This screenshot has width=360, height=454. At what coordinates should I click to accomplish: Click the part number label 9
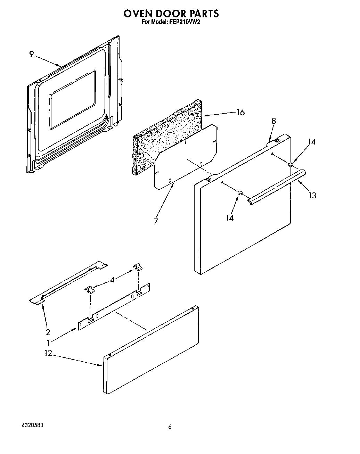pos(32,54)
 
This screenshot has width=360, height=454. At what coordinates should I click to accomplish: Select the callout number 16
pos(240,112)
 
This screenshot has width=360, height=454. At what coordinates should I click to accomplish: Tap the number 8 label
pos(274,121)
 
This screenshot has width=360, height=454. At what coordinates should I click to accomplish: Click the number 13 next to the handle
pos(312,196)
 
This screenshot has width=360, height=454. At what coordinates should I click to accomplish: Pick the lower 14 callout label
pos(229,218)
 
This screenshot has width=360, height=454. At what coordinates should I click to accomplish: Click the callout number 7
pos(156,221)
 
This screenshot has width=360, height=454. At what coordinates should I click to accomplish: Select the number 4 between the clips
pos(112,279)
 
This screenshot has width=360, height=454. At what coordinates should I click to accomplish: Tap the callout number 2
pos(48,332)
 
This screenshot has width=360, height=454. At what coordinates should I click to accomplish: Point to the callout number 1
pos(48,342)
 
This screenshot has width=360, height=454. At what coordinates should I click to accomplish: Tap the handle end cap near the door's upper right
pos(291,164)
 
